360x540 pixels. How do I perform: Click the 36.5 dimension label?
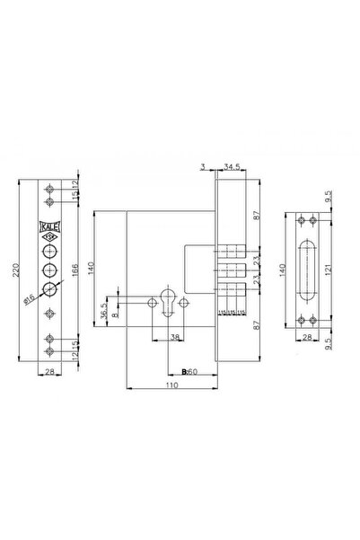click(105, 310)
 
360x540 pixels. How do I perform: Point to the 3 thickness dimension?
click(206, 165)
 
